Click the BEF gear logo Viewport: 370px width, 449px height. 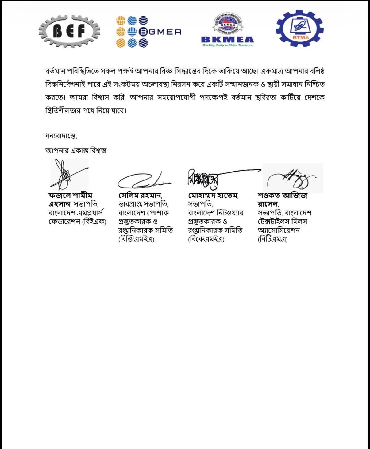pyautogui.click(x=70, y=31)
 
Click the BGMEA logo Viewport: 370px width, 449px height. pyautogui.click(x=148, y=32)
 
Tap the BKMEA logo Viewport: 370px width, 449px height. pyautogui.click(x=227, y=30)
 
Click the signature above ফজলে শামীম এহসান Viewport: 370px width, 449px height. pyautogui.click(x=68, y=174)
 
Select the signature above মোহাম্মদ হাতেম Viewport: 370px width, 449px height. pyautogui.click(x=215, y=176)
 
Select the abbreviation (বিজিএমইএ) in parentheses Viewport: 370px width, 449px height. pyautogui.click(x=136, y=239)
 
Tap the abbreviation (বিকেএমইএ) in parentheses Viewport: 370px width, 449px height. pyautogui.click(x=206, y=239)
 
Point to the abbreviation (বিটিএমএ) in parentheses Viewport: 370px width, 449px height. pyautogui.click(x=273, y=239)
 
